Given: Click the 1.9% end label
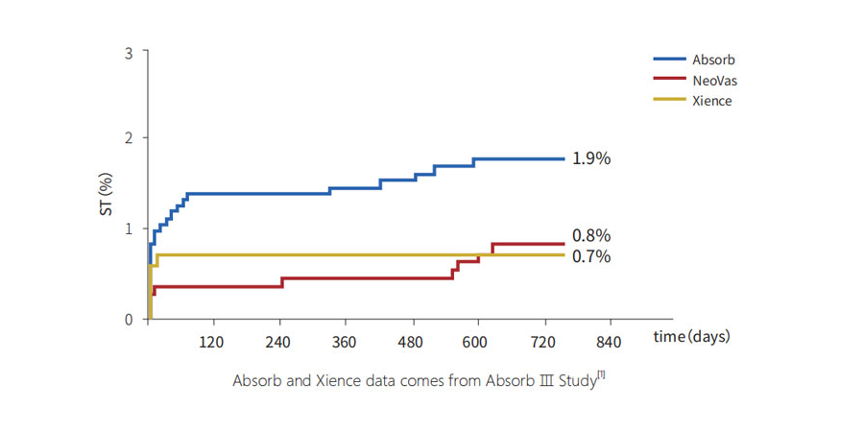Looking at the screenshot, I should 591,159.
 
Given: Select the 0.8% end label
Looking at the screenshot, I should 591,235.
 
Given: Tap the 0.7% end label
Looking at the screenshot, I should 591,256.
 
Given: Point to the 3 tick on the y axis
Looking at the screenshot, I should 130,51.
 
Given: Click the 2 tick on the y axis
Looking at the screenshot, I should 130,138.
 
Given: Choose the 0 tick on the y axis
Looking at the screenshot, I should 130,320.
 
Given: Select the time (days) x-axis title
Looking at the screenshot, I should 692,337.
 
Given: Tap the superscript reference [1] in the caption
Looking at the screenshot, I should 601,374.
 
